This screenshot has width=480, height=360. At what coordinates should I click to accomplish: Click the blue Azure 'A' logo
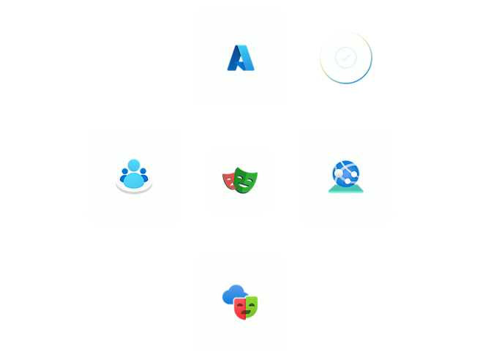[239, 58]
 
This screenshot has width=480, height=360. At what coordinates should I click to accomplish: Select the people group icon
[134, 176]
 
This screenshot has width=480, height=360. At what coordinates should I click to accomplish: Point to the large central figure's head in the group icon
[133, 165]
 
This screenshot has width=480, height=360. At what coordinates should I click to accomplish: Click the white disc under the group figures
[134, 189]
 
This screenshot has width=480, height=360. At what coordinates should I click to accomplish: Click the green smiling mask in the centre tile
[247, 180]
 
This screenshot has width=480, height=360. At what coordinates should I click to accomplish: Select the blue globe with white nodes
[345, 173]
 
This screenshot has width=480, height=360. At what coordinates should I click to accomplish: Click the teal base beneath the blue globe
[345, 189]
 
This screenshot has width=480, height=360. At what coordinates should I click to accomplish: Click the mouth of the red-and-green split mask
[246, 312]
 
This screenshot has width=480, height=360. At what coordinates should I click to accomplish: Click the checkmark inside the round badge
[345, 56]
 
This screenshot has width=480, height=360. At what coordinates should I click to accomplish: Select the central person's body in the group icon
[133, 179]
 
